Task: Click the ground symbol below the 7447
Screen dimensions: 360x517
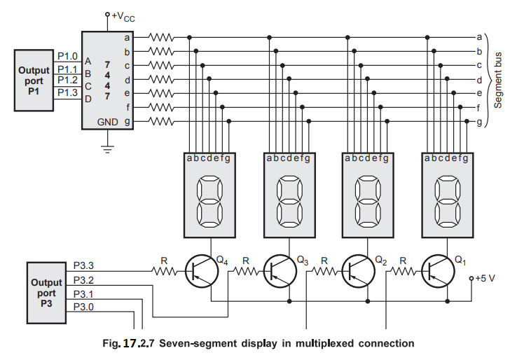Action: tap(107, 148)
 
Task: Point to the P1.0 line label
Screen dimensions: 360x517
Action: tap(67, 56)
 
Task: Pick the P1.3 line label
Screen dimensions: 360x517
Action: tap(67, 92)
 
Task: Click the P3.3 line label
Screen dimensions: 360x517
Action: tap(83, 265)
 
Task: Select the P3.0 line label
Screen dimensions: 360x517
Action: tap(83, 306)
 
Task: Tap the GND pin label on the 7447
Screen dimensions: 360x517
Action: tap(108, 121)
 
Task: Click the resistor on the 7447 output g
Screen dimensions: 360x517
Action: tap(162, 121)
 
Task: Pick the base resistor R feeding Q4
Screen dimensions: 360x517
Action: tap(165, 270)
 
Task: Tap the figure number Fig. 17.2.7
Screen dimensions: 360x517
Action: tap(132, 343)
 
